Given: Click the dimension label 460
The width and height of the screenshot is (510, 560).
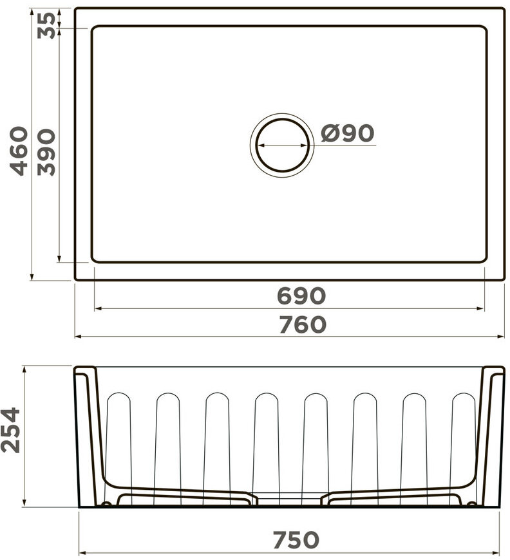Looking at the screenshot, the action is [19, 151].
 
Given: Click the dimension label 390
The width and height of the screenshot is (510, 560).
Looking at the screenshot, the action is [46, 152].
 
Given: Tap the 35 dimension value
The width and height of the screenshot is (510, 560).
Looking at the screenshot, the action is [46, 25].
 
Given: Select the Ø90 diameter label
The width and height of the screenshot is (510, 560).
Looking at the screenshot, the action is [347, 133].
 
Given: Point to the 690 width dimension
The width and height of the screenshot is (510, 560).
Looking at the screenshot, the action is [301, 295].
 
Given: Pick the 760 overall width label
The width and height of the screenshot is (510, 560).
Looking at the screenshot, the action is [303, 324].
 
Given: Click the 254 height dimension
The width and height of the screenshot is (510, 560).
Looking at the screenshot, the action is [10, 430].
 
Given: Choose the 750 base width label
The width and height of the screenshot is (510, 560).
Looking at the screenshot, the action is [296, 539].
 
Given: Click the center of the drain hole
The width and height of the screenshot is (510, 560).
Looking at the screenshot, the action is [282, 145].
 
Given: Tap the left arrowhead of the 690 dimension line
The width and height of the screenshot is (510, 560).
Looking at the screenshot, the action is [98, 308].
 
